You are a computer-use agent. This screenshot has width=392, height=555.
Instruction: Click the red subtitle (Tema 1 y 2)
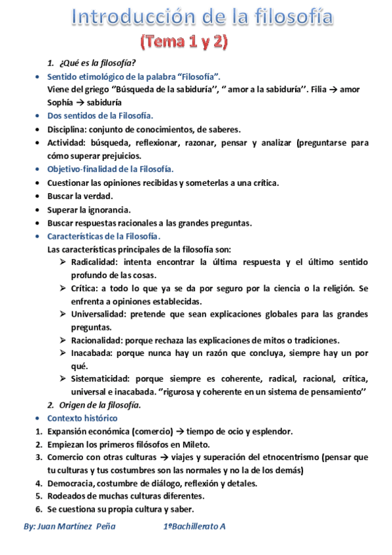coord(185,43)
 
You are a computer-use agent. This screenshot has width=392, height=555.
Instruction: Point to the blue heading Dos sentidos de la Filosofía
coord(100,116)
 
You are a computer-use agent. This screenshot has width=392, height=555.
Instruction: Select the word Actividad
coord(67,143)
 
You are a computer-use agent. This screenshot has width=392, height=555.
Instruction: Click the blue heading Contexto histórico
coord(82,418)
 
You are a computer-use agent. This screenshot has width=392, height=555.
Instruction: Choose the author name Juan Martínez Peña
coord(69,526)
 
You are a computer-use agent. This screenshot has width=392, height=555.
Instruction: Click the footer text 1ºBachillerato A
coord(194,526)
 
